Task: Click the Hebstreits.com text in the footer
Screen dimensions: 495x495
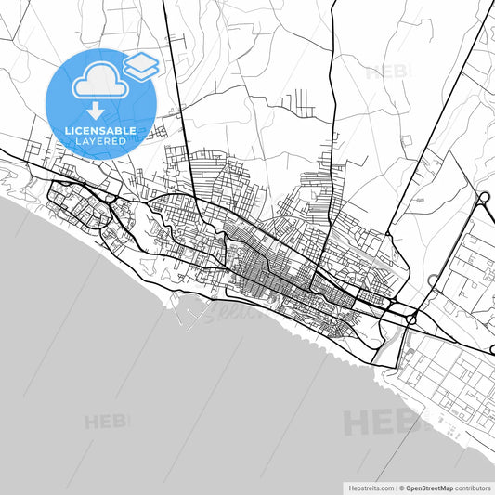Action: pyautogui.click(x=370, y=487)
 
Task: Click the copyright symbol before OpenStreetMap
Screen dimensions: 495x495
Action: pyautogui.click(x=401, y=487)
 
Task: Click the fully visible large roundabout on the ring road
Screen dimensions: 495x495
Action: pyautogui.click(x=483, y=197)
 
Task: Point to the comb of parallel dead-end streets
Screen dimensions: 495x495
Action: pyautogui.click(x=302, y=99)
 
